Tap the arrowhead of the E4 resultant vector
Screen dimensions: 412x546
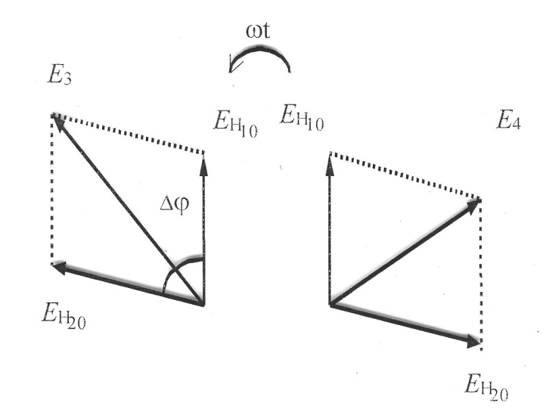[475, 203]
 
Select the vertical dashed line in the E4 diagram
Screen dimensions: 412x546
[481, 272]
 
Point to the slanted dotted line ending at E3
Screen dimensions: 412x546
[129, 134]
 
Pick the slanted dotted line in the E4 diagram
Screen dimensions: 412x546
[405, 175]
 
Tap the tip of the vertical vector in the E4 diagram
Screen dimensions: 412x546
[330, 158]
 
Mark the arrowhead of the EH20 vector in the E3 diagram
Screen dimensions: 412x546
[57, 266]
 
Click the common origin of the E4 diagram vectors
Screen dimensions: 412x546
[330, 304]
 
